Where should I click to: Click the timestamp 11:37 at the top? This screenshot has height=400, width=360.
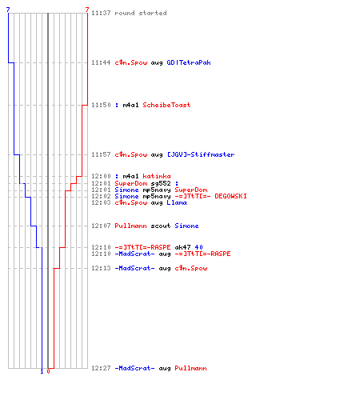pyautogui.click(x=101, y=13)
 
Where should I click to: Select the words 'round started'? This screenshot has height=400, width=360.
pyautogui.click(x=141, y=13)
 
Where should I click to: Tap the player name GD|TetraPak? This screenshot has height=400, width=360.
pyautogui.click(x=189, y=62)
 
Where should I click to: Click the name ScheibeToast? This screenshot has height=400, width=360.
pyautogui.click(x=166, y=105)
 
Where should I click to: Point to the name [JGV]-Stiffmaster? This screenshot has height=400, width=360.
pyautogui.click(x=201, y=154)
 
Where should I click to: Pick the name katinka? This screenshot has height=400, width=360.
pyautogui.click(x=157, y=176)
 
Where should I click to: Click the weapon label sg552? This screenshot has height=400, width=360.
pyautogui.click(x=161, y=183)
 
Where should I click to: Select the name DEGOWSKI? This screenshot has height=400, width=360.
pyautogui.click(x=230, y=196)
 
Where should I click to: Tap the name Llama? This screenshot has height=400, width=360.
pyautogui.click(x=177, y=202)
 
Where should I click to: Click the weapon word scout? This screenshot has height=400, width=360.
pyautogui.click(x=161, y=226)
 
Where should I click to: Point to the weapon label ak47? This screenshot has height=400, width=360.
pyautogui.click(x=182, y=247)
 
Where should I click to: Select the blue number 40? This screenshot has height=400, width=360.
pyautogui.click(x=198, y=247)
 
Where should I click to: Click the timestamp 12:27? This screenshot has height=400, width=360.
pyautogui.click(x=101, y=368)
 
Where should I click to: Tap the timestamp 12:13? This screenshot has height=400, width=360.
pyautogui.click(x=101, y=268)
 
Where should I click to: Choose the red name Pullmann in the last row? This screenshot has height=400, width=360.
pyautogui.click(x=190, y=368)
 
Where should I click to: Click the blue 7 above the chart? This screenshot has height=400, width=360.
pyautogui.click(x=8, y=10)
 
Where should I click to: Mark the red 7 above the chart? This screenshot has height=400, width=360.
pyautogui.click(x=87, y=10)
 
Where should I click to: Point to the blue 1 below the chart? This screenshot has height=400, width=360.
pyautogui.click(x=42, y=371)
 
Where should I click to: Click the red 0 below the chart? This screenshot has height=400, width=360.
pyautogui.click(x=48, y=371)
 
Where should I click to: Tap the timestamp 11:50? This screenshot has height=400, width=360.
pyautogui.click(x=101, y=105)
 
